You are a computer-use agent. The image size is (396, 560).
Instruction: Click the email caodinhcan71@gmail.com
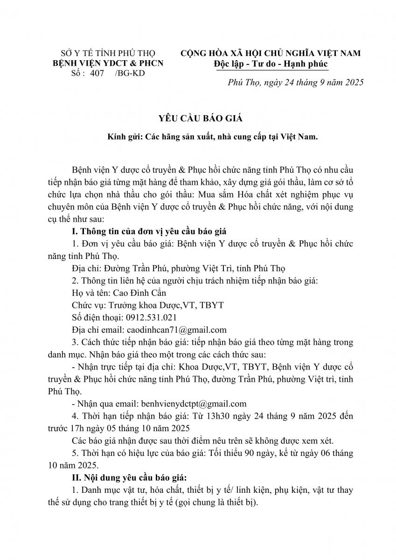[x=174, y=329]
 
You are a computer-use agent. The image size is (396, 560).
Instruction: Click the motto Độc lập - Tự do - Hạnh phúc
[x=271, y=64]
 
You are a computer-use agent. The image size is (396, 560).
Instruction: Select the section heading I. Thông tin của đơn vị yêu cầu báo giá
[x=153, y=231]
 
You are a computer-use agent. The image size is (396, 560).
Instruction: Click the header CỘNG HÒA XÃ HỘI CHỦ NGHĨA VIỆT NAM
[x=270, y=53]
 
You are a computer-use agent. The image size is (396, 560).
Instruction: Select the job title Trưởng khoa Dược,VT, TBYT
[x=166, y=305]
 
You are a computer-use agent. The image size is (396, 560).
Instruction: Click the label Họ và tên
[x=89, y=293]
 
